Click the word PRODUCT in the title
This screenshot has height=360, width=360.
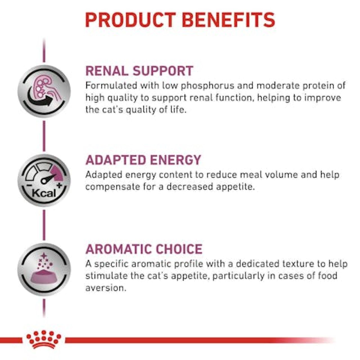(130, 20)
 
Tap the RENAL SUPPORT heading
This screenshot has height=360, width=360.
(139, 71)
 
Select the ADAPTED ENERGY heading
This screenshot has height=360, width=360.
(143, 160)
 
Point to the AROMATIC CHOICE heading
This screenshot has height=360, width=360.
(144, 249)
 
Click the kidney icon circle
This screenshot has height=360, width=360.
(44, 91)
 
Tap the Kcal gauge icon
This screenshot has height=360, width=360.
(44, 180)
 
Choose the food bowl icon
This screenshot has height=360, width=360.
(44, 269)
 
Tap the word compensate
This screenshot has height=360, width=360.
(113, 187)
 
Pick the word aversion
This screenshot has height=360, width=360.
(106, 288)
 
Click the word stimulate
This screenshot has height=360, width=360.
(106, 276)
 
